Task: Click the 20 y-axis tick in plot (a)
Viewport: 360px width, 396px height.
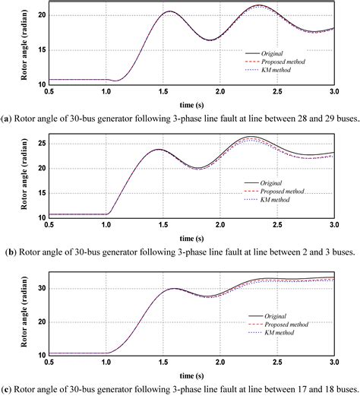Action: pos(42,14)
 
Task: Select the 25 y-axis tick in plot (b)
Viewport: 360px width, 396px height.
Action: pos(42,143)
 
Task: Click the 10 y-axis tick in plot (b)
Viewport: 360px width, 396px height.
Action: pos(42,216)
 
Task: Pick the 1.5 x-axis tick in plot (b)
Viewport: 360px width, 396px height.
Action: pos(163,225)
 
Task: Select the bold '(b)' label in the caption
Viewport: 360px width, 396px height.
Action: pos(8,252)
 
